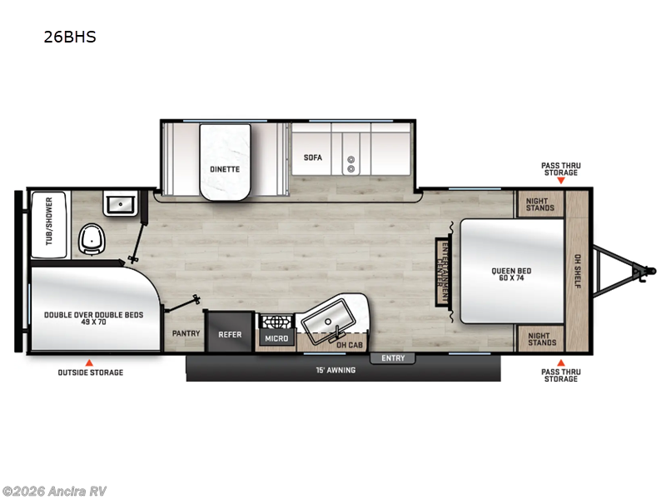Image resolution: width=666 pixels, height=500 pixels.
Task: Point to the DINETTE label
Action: tap(225, 168)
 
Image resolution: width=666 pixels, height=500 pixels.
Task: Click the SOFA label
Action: tap(312, 157)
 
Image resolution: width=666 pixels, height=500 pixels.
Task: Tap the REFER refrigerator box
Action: tap(230, 334)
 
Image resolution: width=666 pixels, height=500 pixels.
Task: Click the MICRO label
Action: tap(277, 339)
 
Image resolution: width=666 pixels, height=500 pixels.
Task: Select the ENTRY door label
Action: tap(392, 358)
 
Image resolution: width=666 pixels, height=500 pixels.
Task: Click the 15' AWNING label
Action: tap(335, 370)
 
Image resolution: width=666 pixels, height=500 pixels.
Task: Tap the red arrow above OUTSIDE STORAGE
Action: tap(90, 361)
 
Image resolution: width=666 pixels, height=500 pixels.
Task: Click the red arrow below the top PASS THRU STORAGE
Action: tap(560, 180)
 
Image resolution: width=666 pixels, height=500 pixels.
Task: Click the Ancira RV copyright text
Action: tap(54, 491)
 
